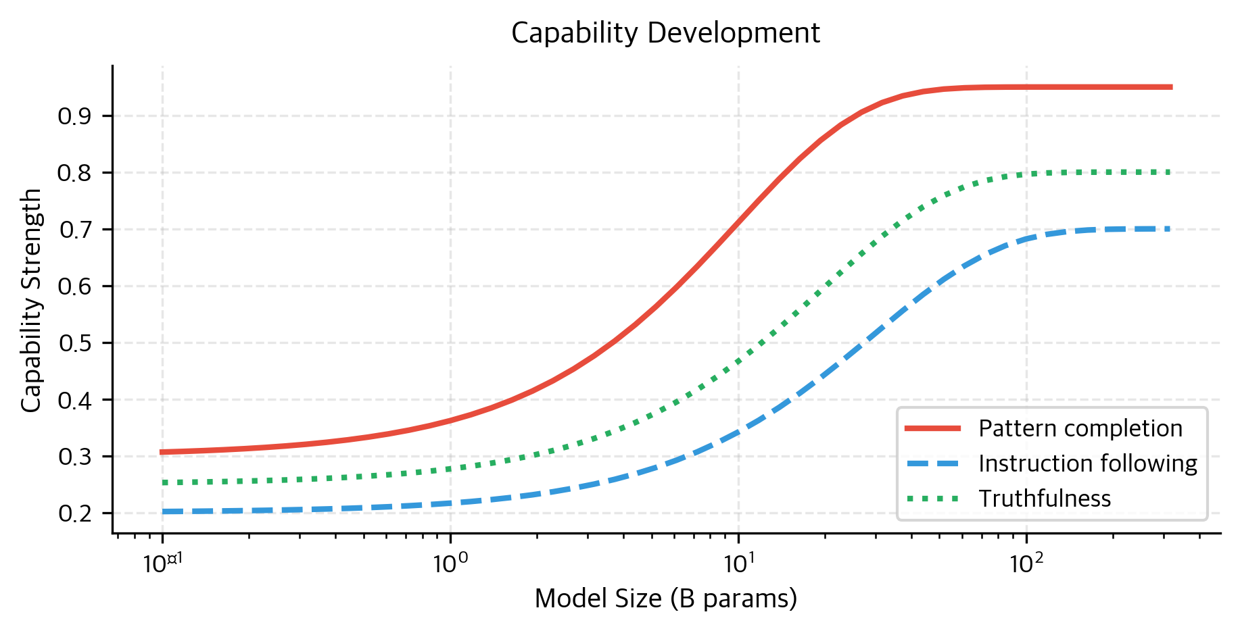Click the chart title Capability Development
click(x=665, y=33)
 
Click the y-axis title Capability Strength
click(x=31, y=300)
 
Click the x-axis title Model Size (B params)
click(x=665, y=599)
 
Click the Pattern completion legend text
click(x=1080, y=428)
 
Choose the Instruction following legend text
click(x=1088, y=463)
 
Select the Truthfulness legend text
click(x=1045, y=499)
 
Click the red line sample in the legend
click(x=932, y=428)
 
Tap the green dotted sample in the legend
click(x=932, y=499)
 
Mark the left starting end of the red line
click(x=161, y=452)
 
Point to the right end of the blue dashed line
click(x=1170, y=229)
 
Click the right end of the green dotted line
click(x=1170, y=172)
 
